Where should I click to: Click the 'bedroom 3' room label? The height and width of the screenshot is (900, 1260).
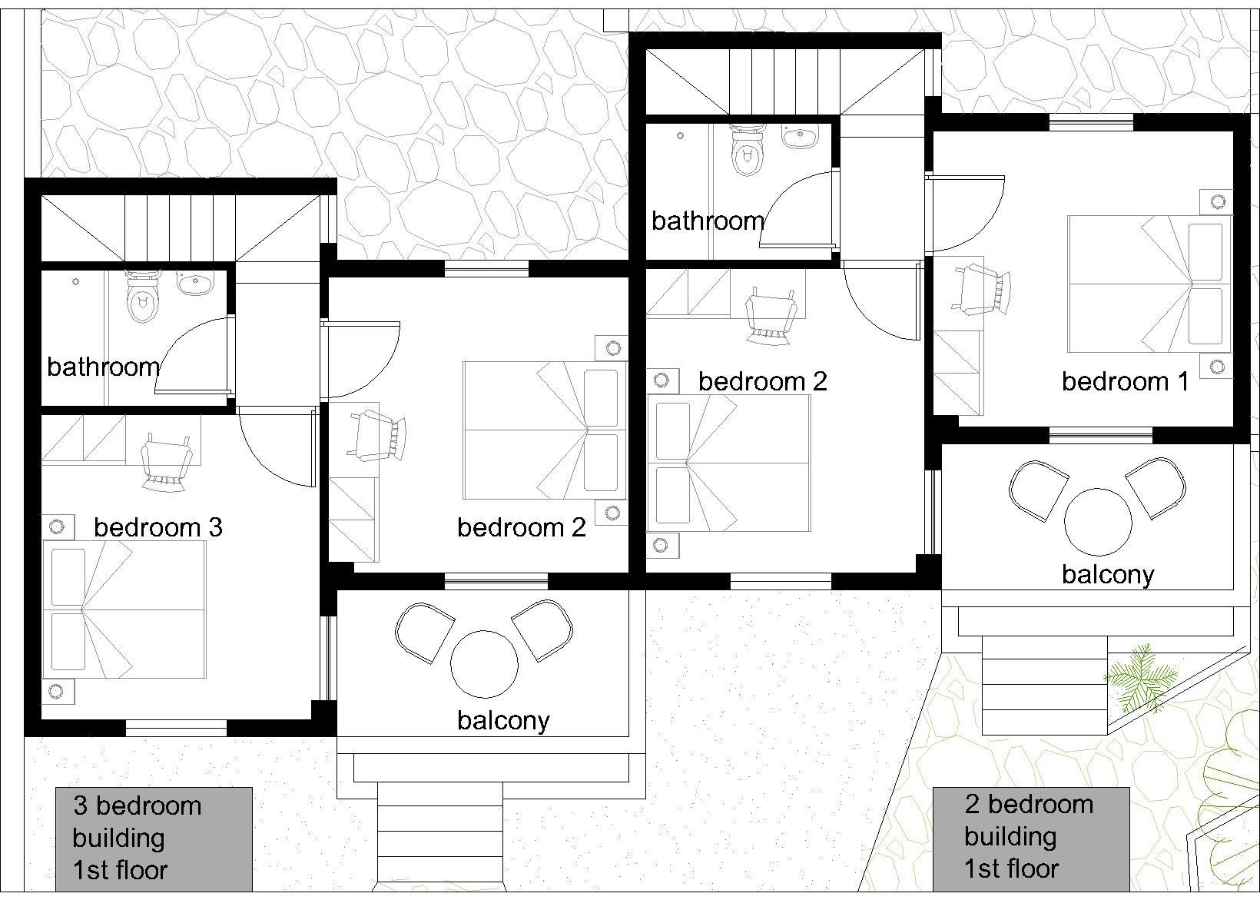tap(158, 527)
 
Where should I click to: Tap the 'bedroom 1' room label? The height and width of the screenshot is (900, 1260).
tap(1126, 382)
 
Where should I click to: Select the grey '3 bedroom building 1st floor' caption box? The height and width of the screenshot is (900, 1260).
tap(154, 839)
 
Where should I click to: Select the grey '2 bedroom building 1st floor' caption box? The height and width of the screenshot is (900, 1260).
tap(1031, 839)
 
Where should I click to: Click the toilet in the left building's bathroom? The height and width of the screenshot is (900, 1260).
tap(142, 297)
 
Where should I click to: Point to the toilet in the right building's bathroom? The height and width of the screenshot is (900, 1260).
tap(747, 151)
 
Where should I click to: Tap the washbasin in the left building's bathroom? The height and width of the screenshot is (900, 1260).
tap(195, 283)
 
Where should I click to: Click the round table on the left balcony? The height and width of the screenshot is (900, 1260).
tap(484, 664)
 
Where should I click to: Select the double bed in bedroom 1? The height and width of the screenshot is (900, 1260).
tap(1146, 284)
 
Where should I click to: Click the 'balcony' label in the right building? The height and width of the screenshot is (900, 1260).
tap(1108, 575)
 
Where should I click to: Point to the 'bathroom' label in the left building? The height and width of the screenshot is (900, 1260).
tap(104, 367)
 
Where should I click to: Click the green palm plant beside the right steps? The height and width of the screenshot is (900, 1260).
tap(1139, 677)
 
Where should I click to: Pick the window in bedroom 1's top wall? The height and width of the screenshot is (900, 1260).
tap(1091, 122)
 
